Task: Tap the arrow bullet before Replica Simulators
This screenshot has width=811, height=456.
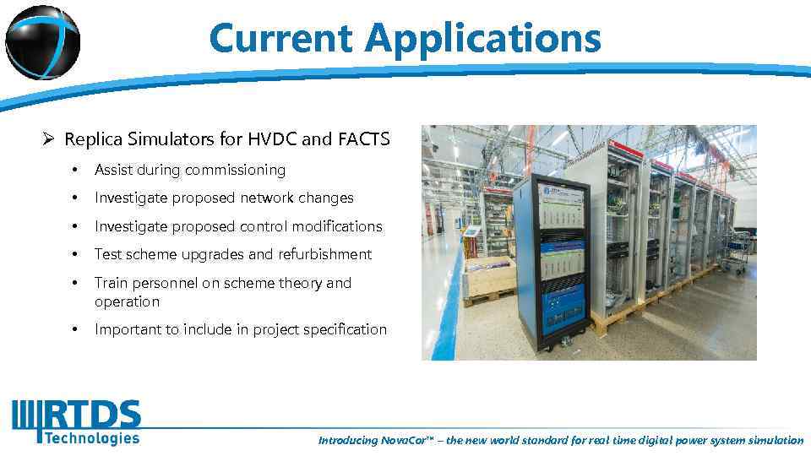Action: tap(51, 139)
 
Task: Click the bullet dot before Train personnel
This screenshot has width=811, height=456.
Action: tap(77, 283)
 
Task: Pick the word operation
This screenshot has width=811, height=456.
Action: tap(127, 301)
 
